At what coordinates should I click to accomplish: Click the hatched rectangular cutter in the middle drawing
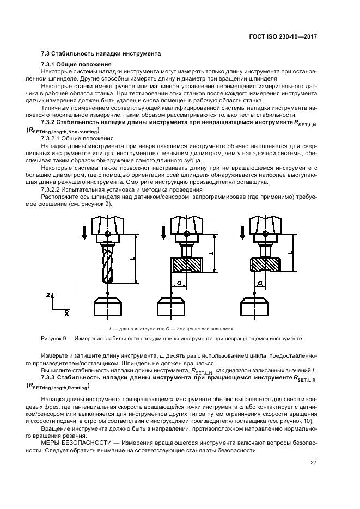click(x=186, y=265)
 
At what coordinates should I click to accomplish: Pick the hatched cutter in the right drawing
click(x=265, y=265)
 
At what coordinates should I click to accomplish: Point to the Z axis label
click(x=49, y=295)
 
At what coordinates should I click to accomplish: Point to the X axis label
click(x=66, y=314)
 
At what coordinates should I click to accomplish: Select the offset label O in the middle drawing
click(x=179, y=284)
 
